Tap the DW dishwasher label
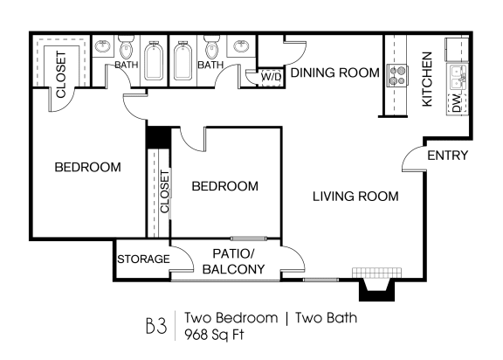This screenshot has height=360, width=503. (x=456, y=103)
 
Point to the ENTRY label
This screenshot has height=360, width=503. (x=448, y=156)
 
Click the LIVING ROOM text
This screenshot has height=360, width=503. (x=355, y=197)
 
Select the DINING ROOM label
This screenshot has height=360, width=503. (x=334, y=73)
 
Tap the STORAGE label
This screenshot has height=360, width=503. (x=142, y=260)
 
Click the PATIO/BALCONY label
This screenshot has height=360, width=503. (x=233, y=262)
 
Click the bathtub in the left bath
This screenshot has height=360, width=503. (x=155, y=62)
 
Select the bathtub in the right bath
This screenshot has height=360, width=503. (x=184, y=62)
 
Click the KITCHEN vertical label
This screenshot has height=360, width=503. (x=428, y=79)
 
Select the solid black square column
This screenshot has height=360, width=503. (x=157, y=138)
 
